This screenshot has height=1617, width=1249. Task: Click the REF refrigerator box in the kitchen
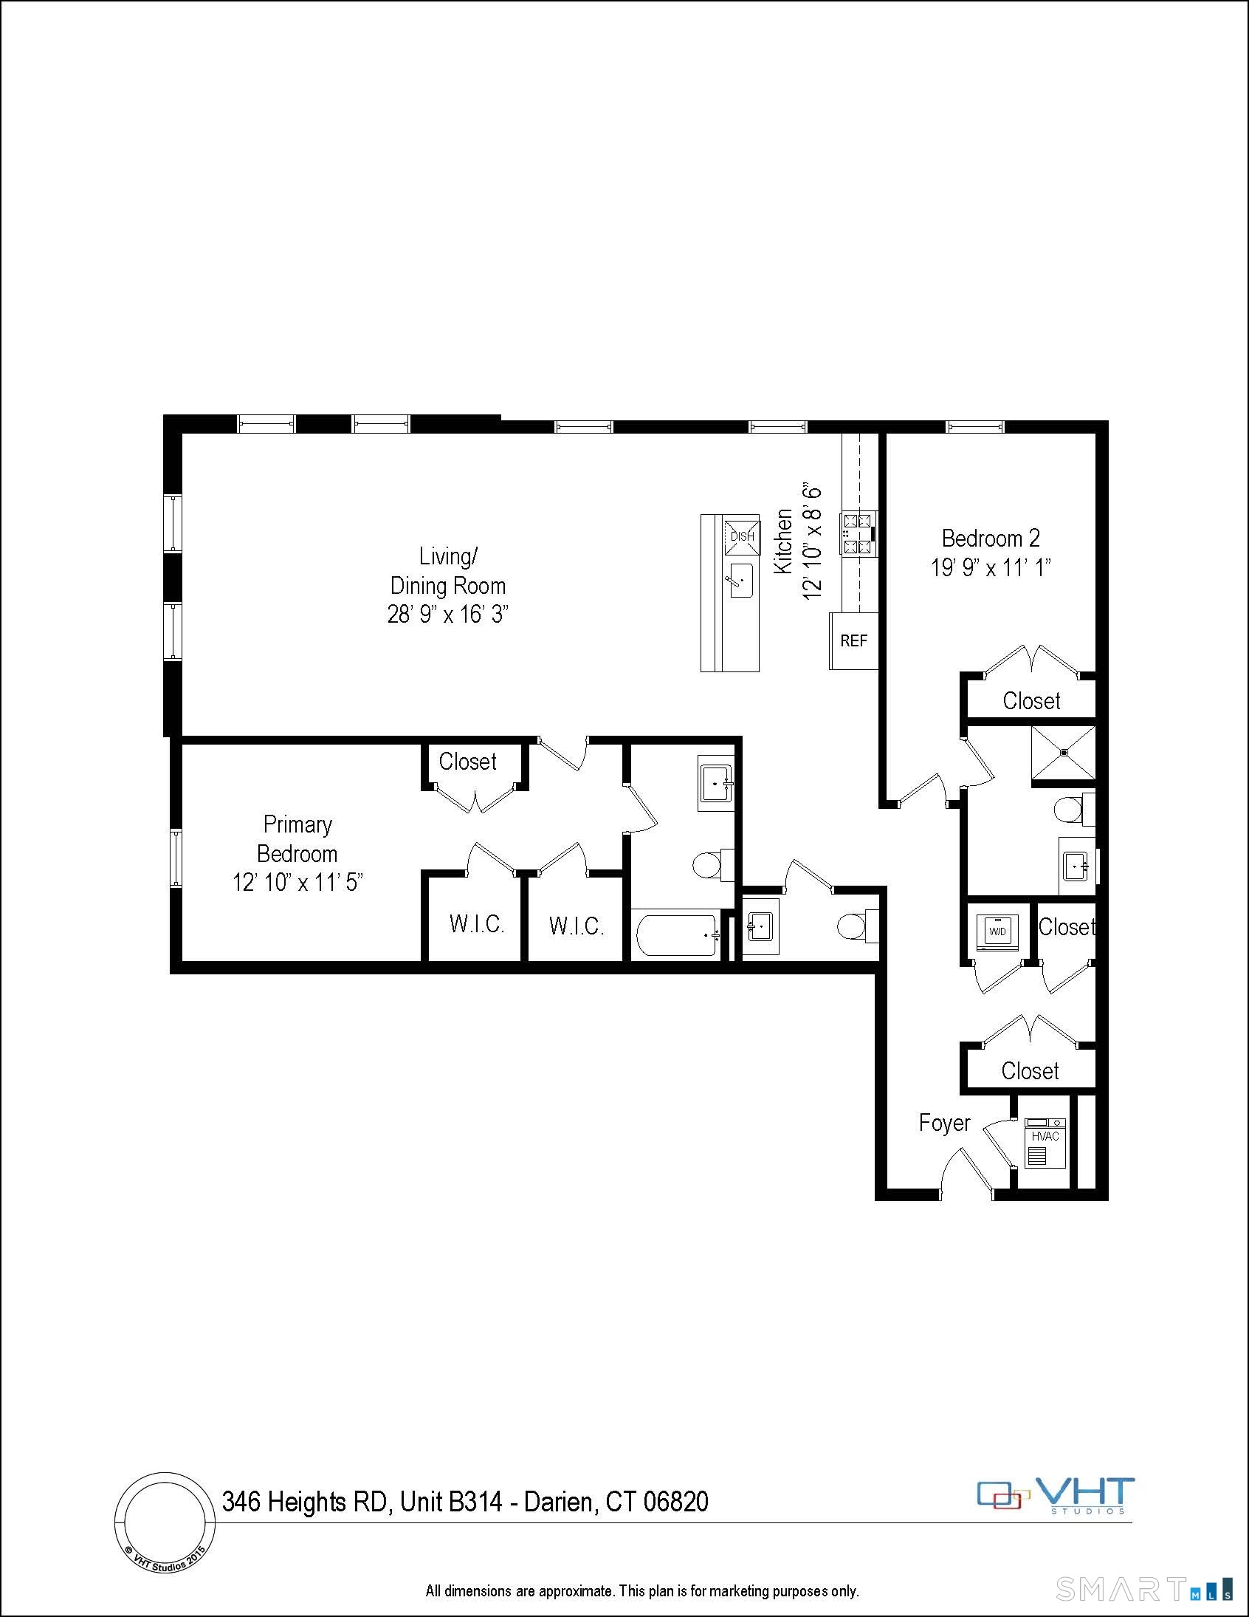tap(853, 640)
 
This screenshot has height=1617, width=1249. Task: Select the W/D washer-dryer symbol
tap(997, 932)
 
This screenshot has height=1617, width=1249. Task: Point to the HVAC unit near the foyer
tap(1045, 1145)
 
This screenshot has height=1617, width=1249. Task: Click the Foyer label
tap(944, 1123)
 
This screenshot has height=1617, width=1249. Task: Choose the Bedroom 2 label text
tap(990, 539)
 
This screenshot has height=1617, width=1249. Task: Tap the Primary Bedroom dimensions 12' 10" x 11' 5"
tap(297, 883)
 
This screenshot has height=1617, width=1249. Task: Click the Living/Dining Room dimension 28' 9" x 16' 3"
tap(447, 615)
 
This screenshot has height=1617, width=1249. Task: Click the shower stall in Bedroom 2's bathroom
tap(1063, 753)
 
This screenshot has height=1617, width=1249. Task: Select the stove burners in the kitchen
tap(858, 534)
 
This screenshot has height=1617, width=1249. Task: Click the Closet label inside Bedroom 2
tap(1030, 700)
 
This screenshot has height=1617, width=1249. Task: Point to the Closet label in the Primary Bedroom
tap(467, 761)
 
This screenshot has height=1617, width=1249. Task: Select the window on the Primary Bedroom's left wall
tap(176, 858)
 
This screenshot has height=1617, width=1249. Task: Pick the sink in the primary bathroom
tap(715, 784)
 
